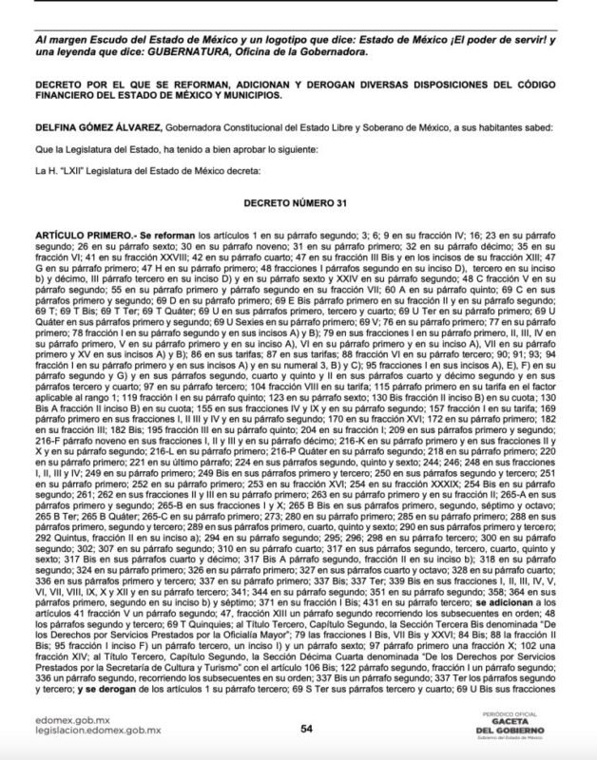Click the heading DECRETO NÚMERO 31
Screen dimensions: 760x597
[299, 203]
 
